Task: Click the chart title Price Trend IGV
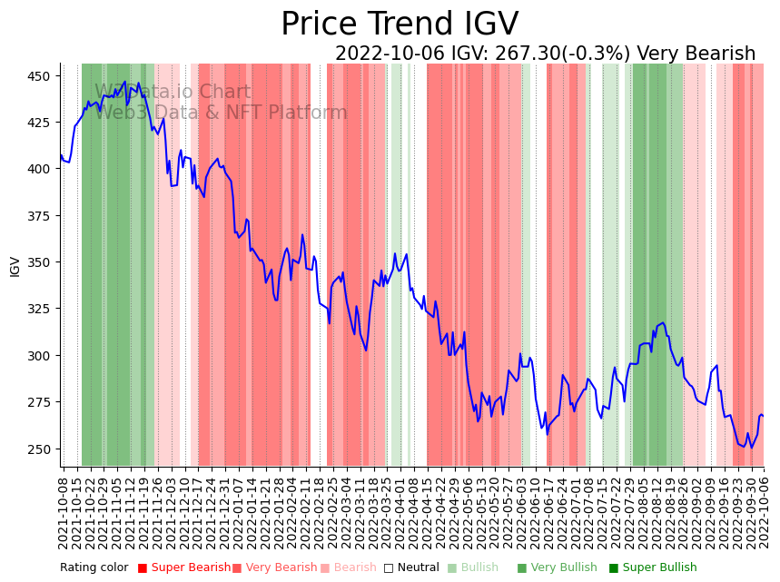[x=400, y=24]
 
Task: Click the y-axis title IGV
[x=15, y=266]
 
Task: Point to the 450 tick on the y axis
[x=40, y=76]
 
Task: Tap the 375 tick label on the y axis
[x=40, y=216]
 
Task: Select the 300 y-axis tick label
[x=40, y=356]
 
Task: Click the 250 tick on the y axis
[x=40, y=449]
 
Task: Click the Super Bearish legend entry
[x=184, y=568]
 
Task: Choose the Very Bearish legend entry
[x=275, y=568]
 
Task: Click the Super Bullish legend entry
[x=653, y=568]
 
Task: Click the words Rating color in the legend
[x=94, y=568]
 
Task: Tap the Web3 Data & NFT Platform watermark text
[x=221, y=113]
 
